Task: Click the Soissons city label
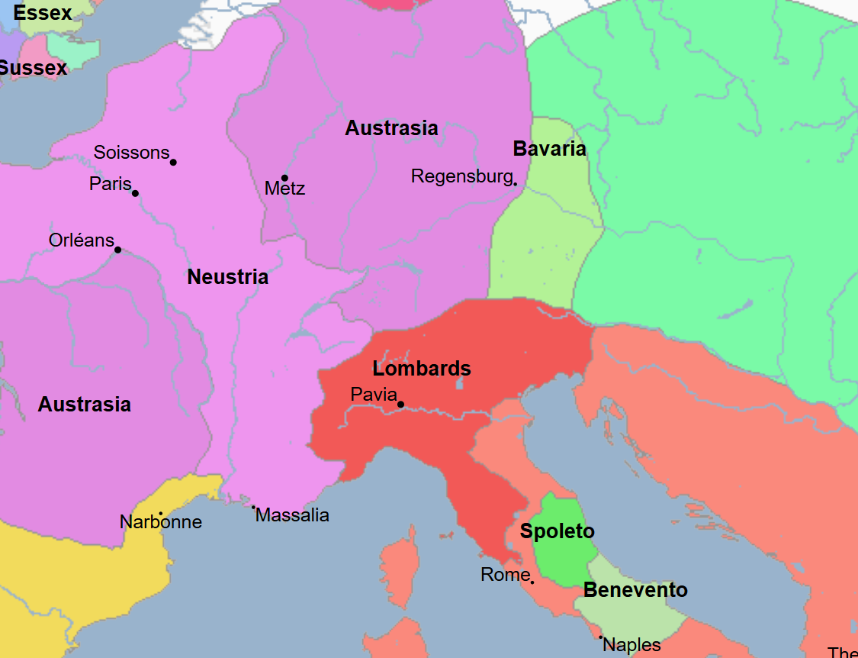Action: (x=131, y=153)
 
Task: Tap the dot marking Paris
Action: (x=135, y=193)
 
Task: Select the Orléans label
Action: (x=81, y=240)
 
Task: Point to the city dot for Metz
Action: (x=284, y=178)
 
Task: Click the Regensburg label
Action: (x=461, y=176)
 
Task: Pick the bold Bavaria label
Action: (x=549, y=149)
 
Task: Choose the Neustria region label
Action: (x=227, y=277)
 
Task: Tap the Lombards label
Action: (x=422, y=369)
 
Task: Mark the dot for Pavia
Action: (x=400, y=405)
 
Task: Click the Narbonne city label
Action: (x=161, y=522)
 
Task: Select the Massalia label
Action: (x=292, y=515)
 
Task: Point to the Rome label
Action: (x=505, y=575)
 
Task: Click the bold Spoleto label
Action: (x=557, y=531)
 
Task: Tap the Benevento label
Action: (x=635, y=590)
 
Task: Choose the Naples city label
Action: (x=631, y=645)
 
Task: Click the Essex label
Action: (x=43, y=13)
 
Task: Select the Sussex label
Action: (x=34, y=68)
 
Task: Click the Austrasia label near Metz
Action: (x=391, y=128)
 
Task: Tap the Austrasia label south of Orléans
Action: (x=84, y=405)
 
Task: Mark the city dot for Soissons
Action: (x=173, y=162)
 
